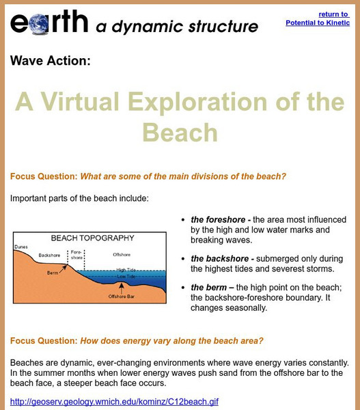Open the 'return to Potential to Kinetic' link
(319, 18)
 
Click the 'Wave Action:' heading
(50, 61)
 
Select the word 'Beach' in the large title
(180, 132)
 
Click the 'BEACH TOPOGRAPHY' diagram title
(93, 238)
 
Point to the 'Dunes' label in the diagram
(21, 248)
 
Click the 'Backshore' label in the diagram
(49, 255)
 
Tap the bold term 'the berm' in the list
(209, 287)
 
